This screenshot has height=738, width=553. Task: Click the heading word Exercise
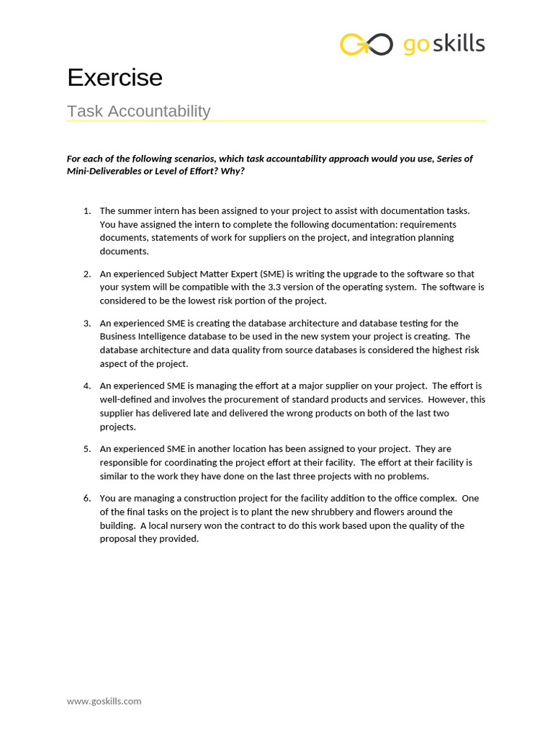tap(114, 78)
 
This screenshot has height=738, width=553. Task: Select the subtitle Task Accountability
tap(138, 111)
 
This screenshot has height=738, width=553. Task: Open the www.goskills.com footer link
tap(104, 701)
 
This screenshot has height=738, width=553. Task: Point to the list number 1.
tap(86, 210)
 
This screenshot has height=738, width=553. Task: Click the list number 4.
tap(86, 386)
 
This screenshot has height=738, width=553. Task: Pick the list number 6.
tap(86, 498)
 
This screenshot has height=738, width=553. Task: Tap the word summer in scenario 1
tap(133, 210)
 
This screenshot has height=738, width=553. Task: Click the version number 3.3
tap(274, 287)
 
